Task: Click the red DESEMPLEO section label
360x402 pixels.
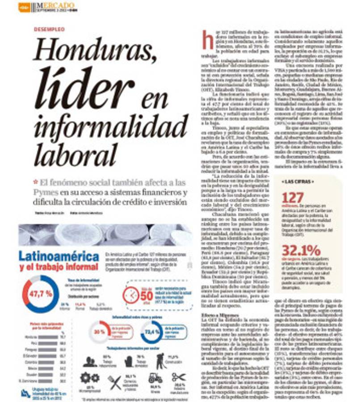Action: (49, 29)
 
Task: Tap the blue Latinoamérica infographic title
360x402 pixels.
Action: (59, 257)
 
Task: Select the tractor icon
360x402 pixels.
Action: (155, 378)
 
